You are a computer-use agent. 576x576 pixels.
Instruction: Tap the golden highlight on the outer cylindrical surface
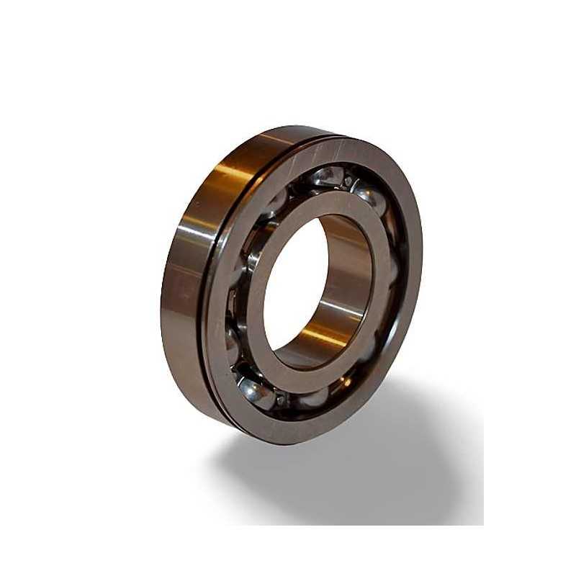pos(216,173)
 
